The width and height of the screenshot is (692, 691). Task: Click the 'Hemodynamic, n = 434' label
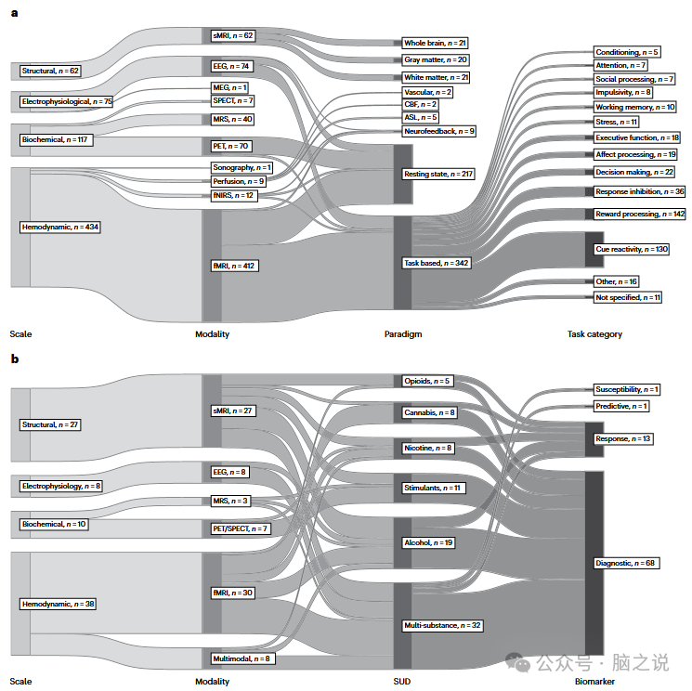pyautogui.click(x=60, y=227)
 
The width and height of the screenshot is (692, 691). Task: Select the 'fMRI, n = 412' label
pyautogui.click(x=234, y=266)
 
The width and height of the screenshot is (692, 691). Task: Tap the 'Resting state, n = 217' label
pyautogui.click(x=437, y=174)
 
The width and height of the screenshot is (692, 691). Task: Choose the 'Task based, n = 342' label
pyautogui.click(x=437, y=263)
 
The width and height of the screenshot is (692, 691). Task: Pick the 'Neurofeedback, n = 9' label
pyautogui.click(x=438, y=132)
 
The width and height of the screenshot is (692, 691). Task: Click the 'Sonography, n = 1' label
pyautogui.click(x=242, y=167)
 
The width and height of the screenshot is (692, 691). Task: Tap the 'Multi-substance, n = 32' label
pyautogui.click(x=443, y=626)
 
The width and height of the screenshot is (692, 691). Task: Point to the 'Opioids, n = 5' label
pyautogui.click(x=427, y=381)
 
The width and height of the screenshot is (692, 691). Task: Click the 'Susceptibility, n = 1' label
pyautogui.click(x=627, y=389)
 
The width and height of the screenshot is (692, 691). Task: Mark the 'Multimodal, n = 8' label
pyautogui.click(x=241, y=658)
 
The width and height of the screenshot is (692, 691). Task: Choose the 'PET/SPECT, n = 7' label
pyautogui.click(x=241, y=528)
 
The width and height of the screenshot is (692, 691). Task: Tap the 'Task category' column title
pyautogui.click(x=594, y=334)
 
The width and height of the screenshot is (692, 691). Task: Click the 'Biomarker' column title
pyautogui.click(x=594, y=682)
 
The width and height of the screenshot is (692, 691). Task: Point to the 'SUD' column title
pyautogui.click(x=401, y=682)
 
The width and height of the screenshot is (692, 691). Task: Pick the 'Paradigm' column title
pyautogui.click(x=403, y=334)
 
